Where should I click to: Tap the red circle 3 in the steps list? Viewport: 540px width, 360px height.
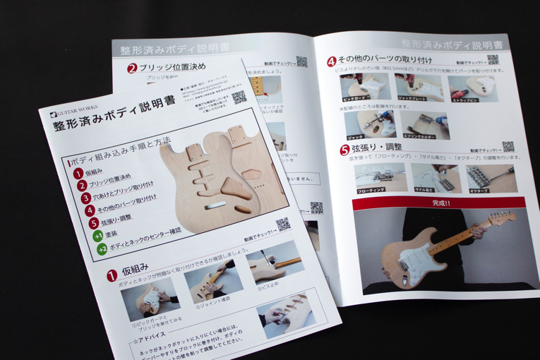point(85,198)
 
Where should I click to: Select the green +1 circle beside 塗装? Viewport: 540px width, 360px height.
point(98,237)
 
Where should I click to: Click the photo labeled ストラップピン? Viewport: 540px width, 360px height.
point(472,88)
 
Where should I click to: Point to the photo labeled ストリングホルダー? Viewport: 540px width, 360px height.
point(424,124)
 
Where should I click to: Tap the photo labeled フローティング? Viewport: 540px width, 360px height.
point(380,178)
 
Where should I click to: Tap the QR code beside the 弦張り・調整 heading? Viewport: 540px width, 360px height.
point(507,147)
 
